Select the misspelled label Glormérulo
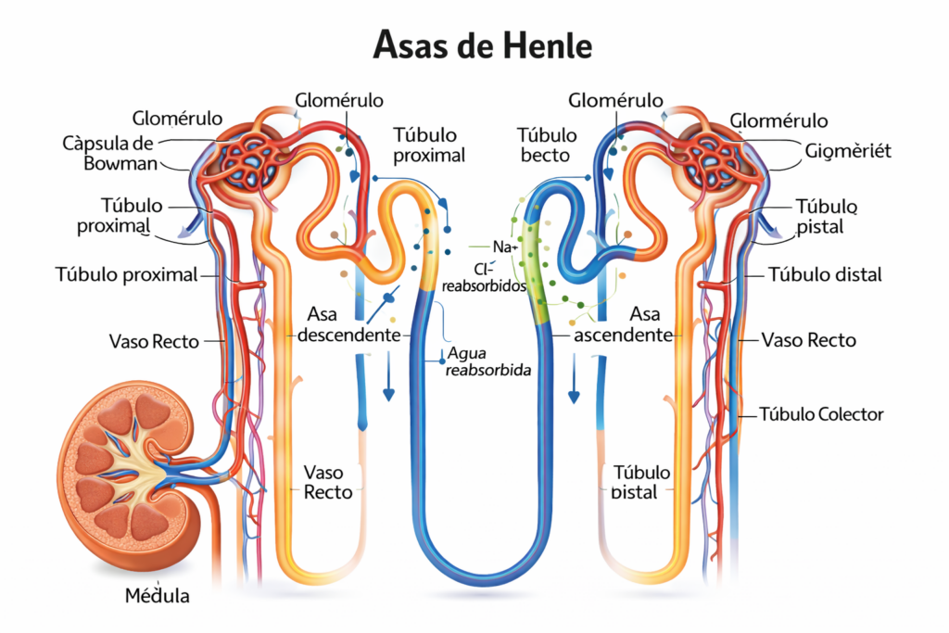pyautogui.click(x=778, y=120)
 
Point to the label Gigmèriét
pyautogui.click(x=848, y=151)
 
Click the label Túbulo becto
pyautogui.click(x=547, y=146)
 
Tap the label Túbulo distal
pyautogui.click(x=825, y=274)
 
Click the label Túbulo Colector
pyautogui.click(x=821, y=414)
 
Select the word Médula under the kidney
pyautogui.click(x=158, y=596)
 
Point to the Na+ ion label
pyautogui.click(x=504, y=247)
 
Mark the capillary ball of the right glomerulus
pyautogui.click(x=714, y=157)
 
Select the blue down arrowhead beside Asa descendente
pyautogui.click(x=388, y=394)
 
